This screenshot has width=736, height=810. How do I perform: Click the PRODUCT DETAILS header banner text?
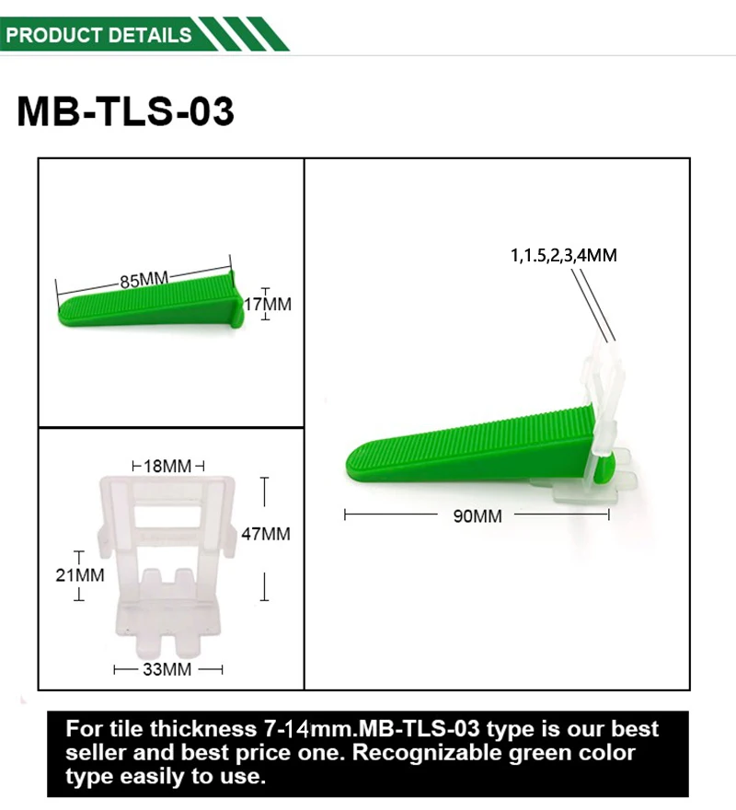(x=98, y=35)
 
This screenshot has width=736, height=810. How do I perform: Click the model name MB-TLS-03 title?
(x=125, y=111)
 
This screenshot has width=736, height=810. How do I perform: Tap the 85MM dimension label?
(x=144, y=280)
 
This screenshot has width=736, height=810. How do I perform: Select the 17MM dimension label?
(x=268, y=304)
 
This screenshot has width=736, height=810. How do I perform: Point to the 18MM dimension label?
(x=167, y=466)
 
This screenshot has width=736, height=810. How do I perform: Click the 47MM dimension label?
(x=266, y=534)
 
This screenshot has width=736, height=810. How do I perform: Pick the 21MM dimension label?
(x=80, y=575)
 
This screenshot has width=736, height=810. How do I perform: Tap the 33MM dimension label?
(x=167, y=669)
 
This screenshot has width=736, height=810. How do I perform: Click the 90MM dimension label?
(x=477, y=516)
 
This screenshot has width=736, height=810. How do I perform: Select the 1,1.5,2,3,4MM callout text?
(x=563, y=255)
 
